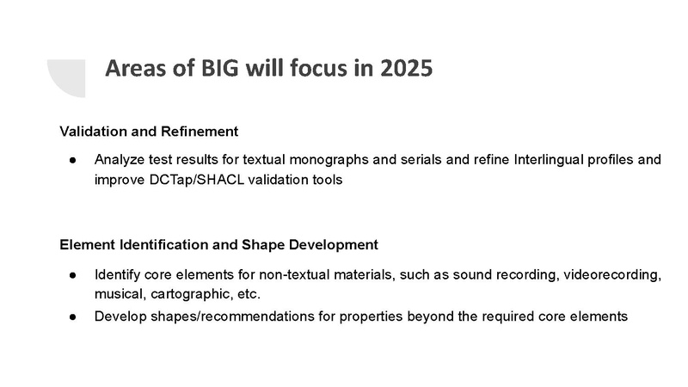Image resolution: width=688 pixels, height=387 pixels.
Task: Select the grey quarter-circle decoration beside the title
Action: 66,78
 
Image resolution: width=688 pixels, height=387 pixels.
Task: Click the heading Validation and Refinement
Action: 148,132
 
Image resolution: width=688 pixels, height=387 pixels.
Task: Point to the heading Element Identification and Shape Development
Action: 218,244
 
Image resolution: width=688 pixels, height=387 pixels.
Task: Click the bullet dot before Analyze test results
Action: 74,160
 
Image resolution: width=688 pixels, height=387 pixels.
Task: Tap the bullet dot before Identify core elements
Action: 74,274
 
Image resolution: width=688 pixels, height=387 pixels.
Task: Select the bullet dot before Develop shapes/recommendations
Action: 74,316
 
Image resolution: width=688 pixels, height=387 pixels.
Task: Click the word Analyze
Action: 119,160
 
